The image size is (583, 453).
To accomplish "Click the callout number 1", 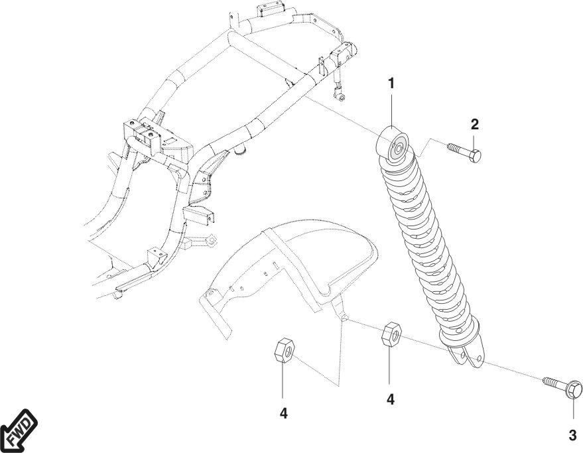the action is [x=391, y=84].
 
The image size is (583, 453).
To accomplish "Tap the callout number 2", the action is [x=474, y=125].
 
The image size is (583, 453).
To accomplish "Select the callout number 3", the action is [x=572, y=435].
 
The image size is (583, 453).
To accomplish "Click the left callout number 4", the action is [x=284, y=413].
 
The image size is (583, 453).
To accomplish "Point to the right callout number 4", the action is [x=390, y=399].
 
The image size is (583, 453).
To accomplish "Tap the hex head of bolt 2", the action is [x=475, y=155].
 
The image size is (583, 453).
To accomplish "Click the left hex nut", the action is [x=284, y=350].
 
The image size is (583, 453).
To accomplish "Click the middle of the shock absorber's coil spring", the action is [x=428, y=241].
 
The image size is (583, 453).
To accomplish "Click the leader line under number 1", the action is [x=391, y=110].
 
